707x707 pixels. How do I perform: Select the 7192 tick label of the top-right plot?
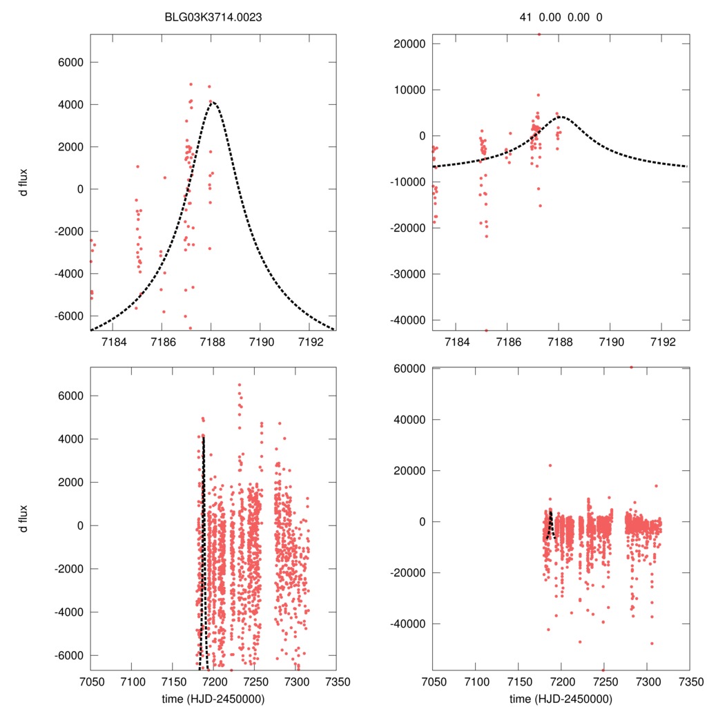click(x=664, y=342)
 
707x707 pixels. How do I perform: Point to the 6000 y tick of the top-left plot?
click(x=69, y=62)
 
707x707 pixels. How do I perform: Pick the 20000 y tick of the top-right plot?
click(x=407, y=43)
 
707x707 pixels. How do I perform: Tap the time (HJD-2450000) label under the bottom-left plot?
click(x=213, y=699)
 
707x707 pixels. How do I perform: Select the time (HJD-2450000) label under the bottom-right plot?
click(x=561, y=699)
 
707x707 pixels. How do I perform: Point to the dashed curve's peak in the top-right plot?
click(x=561, y=117)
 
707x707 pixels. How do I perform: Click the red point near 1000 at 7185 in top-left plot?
click(x=137, y=166)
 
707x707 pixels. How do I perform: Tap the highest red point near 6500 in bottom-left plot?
click(x=240, y=385)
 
